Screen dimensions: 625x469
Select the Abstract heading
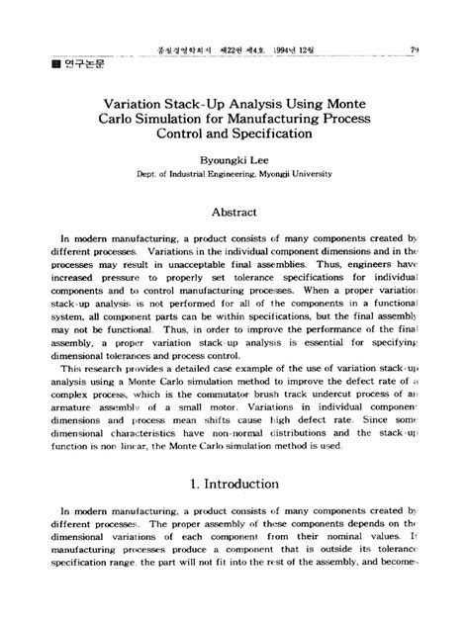[x=234, y=212]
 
